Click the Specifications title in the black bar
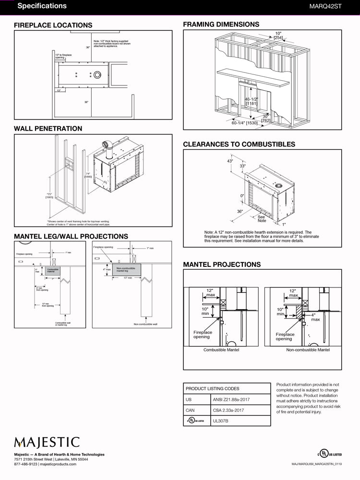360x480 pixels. pos(42,6)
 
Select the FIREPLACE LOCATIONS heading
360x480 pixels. pos(53,25)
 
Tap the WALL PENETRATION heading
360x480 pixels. pos(48,128)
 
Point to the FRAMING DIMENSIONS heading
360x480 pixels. pos(221,24)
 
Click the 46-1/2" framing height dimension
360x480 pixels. pos(251,100)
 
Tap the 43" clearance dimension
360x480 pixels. pos(230,161)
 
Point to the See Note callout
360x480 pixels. pos(262,218)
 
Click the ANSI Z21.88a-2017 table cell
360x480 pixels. pos(230,399)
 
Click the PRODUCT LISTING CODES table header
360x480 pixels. pos(212,388)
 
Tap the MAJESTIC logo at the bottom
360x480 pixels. pos(47,442)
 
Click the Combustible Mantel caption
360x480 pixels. pos(221,350)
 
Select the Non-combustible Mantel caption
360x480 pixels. pos(308,350)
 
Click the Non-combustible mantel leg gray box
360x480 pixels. pos(126,270)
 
